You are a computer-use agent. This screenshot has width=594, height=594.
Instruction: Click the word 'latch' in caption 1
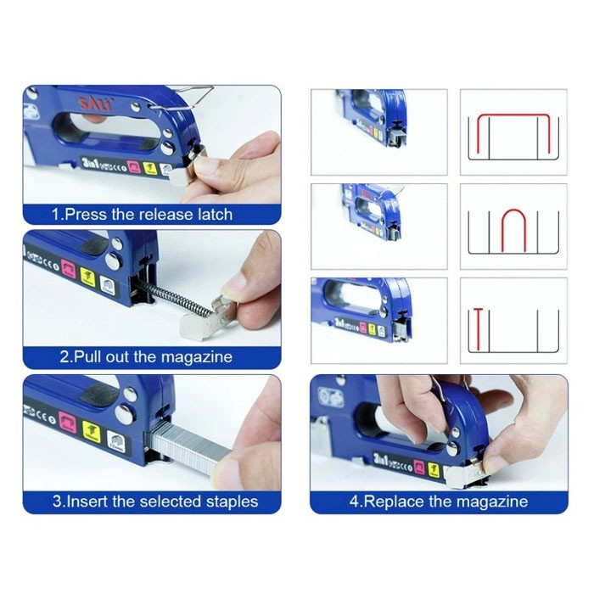pyautogui.click(x=213, y=214)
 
